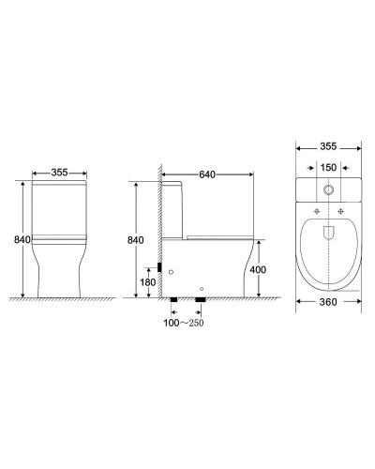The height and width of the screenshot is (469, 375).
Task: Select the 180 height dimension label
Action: tap(147, 281)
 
